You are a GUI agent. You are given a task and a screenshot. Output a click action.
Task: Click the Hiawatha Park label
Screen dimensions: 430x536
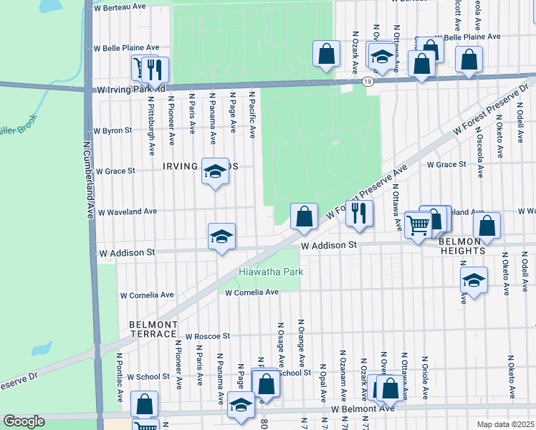pos(271,272)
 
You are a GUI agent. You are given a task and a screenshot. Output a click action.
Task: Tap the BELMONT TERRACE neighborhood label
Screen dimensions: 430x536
pos(153,329)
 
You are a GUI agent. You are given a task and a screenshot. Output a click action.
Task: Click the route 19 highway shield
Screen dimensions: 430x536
pos(367,82)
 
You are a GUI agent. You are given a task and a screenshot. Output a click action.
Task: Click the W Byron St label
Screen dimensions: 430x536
pos(113,130)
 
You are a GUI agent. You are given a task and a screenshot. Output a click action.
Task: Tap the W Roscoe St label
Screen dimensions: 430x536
pos(207,335)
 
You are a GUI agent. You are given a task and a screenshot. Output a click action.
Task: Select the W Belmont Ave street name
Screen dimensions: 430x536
pos(363,408)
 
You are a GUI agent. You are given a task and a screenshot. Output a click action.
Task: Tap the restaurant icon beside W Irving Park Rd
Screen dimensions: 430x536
pos(154,69)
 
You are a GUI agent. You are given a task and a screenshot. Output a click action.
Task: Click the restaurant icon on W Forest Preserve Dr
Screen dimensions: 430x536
pos(360,212)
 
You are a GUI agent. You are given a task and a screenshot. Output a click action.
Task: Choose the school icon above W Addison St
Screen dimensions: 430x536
pos(222,236)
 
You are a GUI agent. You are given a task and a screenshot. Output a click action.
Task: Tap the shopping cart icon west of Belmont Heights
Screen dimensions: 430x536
pos(418,224)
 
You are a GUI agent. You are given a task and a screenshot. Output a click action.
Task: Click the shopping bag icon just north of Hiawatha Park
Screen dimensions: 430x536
pos(304,216)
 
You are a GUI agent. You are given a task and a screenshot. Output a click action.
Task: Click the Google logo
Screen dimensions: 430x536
pos(24,421)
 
